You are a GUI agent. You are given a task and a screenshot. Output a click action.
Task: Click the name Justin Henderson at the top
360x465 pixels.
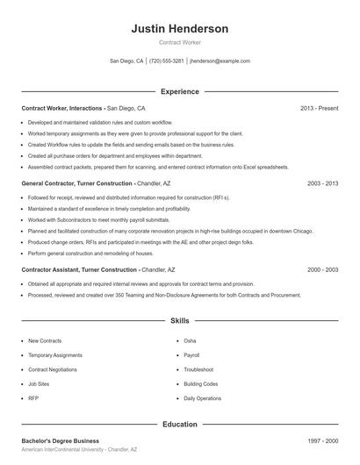coord(179,29)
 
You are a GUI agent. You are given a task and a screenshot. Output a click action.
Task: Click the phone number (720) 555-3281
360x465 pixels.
coord(166,61)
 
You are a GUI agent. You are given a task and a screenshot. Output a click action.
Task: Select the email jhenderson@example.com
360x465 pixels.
coord(220,61)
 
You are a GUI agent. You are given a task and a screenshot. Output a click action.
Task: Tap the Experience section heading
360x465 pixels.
coord(179,91)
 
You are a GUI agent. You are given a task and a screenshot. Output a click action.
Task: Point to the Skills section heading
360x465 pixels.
coord(179,321)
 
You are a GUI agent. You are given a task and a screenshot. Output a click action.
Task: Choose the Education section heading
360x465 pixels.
coord(179,425)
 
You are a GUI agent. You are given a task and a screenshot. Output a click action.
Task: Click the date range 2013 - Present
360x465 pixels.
coord(319,108)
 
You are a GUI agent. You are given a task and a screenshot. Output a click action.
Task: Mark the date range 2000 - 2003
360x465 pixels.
coord(322,270)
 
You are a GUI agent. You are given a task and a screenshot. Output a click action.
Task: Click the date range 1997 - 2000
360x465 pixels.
coord(322,440)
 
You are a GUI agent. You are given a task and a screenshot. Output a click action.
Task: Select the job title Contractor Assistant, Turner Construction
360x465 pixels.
coord(80,270)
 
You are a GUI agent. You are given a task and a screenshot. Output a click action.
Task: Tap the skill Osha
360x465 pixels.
coord(190,340)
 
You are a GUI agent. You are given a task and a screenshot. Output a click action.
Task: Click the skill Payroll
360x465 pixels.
coord(191,355)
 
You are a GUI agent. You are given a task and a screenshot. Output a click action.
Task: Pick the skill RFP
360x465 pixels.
coord(33,398)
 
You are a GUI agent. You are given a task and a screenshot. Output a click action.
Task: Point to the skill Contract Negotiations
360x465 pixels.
coord(52,369)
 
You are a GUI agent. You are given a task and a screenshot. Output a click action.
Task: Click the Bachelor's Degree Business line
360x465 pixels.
coord(61,440)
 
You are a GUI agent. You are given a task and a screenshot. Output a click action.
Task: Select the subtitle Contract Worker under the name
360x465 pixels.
coord(179,43)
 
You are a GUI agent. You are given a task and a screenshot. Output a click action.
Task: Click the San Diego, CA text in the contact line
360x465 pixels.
coord(126,61)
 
